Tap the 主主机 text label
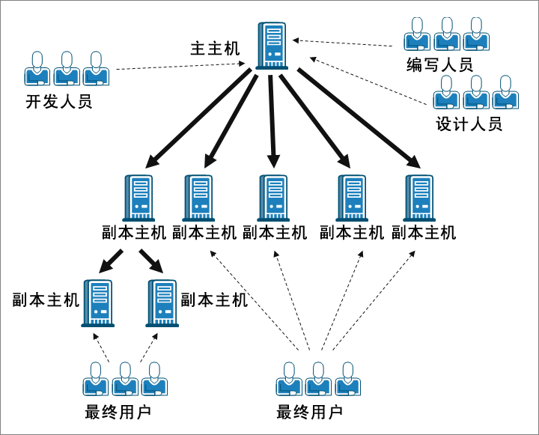coord(215,49)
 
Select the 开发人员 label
coord(59,103)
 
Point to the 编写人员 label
coord(440,65)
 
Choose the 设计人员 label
coord(469,124)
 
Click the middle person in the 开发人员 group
coord(67,68)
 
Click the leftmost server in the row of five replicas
coord(137,198)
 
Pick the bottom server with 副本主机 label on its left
coord(98,303)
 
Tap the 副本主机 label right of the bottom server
coord(215,300)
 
